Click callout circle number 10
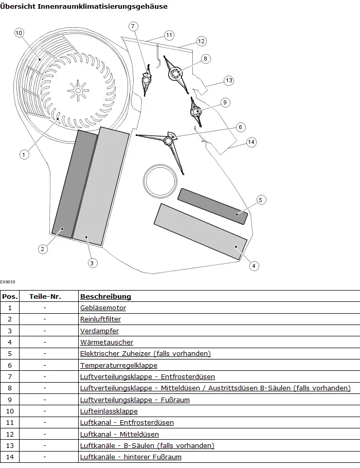pyautogui.click(x=19, y=33)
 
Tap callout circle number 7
pyautogui.click(x=133, y=26)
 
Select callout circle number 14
pyautogui.click(x=251, y=142)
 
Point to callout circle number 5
pyautogui.click(x=261, y=200)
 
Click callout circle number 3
pyautogui.click(x=92, y=263)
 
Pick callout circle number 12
pyautogui.click(x=201, y=41)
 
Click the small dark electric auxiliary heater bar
pyautogui.click(x=213, y=206)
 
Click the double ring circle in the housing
pyautogui.click(x=160, y=182)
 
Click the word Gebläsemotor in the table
pyautogui.click(x=103, y=308)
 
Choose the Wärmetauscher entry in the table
pyautogui.click(x=106, y=342)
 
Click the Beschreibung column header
pyautogui.click(x=105, y=296)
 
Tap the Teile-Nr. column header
pyautogui.click(x=45, y=296)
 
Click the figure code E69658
pyautogui.click(x=8, y=282)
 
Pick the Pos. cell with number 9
pyautogui.click(x=10, y=400)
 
